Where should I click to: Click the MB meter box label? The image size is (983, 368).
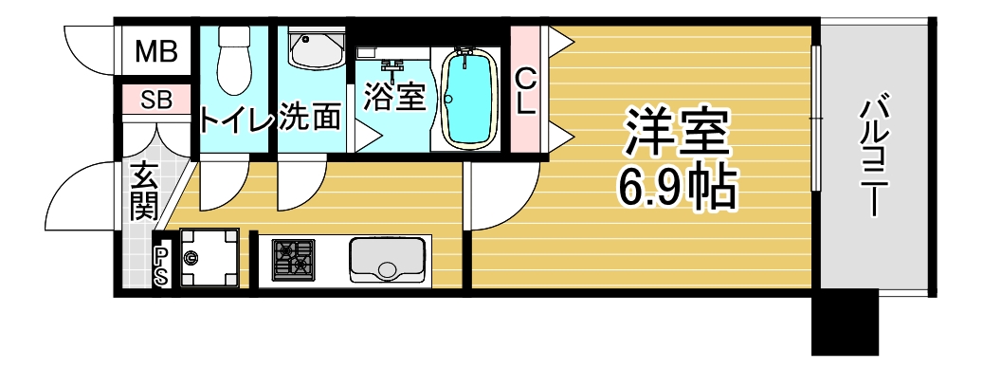[x=156, y=51]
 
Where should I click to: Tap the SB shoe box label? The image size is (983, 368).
[x=156, y=100]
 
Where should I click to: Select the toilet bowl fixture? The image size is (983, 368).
[x=234, y=61]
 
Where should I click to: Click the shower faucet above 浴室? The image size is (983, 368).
[x=393, y=69]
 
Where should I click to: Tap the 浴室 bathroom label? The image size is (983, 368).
[x=395, y=98]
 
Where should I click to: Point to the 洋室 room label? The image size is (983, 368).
[x=677, y=134]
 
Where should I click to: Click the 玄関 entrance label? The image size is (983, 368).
[x=144, y=191]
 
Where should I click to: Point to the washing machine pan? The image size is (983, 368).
[x=209, y=258]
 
